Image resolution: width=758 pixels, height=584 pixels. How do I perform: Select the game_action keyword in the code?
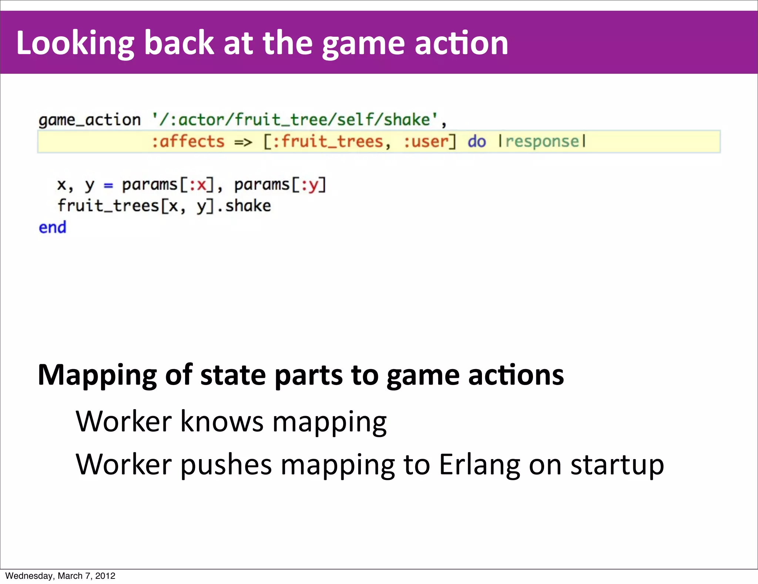(90, 120)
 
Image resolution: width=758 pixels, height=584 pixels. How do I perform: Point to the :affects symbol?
(188, 142)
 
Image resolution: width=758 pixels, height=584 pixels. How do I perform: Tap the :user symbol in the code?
(426, 142)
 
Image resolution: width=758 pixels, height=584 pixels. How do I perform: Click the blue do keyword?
(476, 142)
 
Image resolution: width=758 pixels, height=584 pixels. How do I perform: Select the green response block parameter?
(542, 142)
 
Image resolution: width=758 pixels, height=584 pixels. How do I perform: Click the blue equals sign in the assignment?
(108, 185)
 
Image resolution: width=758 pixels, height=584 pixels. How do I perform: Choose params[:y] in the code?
(280, 185)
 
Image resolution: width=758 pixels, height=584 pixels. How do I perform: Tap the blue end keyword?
(53, 228)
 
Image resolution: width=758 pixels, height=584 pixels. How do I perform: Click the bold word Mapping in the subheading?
(97, 376)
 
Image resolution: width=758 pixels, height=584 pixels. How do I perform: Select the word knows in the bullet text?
(222, 422)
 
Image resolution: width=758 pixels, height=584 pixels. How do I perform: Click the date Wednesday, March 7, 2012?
(60, 576)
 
